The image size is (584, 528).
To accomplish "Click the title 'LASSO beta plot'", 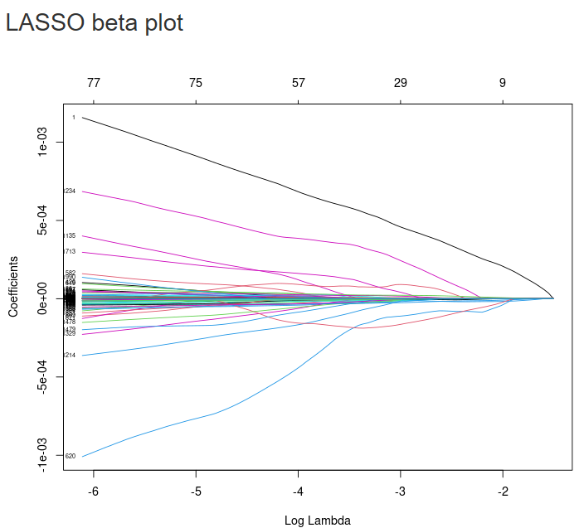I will pos(95,23).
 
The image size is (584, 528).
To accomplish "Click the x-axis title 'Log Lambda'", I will pos(317,521).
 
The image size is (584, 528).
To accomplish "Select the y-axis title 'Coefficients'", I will pos(13,286).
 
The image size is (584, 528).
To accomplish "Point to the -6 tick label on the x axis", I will pos(93,491).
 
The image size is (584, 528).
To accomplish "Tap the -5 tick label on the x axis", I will pos(196,491).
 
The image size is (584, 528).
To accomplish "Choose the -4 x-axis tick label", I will pos(298,491).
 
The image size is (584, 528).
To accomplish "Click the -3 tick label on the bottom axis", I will pos(400,491).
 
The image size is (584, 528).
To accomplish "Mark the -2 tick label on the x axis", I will pos(503,491).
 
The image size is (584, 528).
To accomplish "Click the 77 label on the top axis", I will pos(93,83).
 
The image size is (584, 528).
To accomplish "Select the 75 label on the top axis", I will pos(196,83).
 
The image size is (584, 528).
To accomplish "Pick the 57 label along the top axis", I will pos(298,83).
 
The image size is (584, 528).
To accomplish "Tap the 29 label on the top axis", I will pos(400,83).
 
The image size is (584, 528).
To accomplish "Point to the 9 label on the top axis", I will pos(503,83).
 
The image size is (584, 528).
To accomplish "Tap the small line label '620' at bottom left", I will pos(71,456).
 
